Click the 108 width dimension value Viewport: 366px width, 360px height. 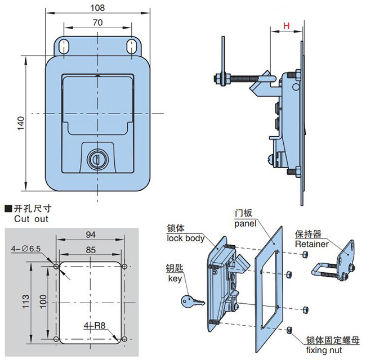click(97, 8)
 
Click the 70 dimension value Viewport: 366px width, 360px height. click(97, 22)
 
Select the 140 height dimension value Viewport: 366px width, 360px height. click(21, 123)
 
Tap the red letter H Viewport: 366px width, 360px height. click(287, 26)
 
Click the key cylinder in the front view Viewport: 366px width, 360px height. click(97, 159)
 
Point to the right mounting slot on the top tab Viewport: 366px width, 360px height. click(132, 46)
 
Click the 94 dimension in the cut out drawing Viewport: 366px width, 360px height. click(91, 235)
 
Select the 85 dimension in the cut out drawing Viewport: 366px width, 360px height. click(91, 250)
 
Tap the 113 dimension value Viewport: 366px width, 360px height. click(26, 301)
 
